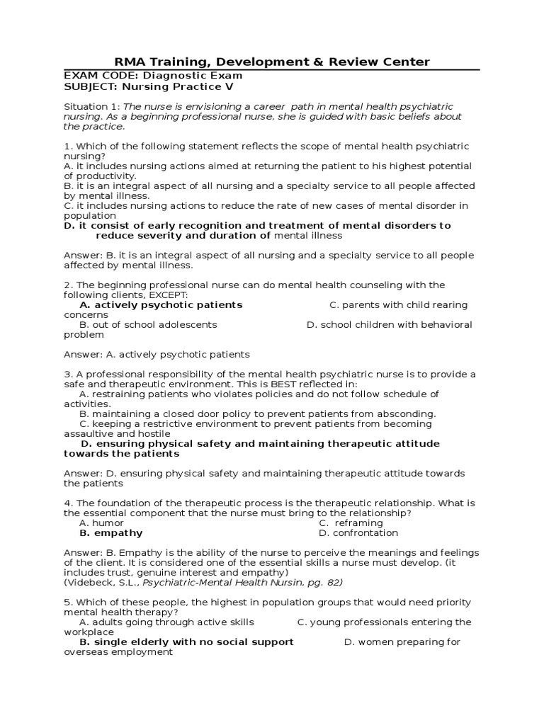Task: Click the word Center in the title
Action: [x=404, y=62]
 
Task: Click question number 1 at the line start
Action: [x=67, y=146]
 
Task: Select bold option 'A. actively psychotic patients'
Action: [x=161, y=304]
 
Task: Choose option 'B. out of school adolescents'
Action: [x=148, y=324]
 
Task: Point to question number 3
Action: [x=67, y=374]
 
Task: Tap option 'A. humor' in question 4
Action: [x=101, y=523]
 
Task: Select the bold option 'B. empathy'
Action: [x=110, y=532]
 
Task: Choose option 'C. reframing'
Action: [x=351, y=523]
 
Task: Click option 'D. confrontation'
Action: [x=358, y=532]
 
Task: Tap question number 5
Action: [x=67, y=602]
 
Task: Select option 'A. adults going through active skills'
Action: [x=166, y=622]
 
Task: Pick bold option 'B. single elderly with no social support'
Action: [x=186, y=641]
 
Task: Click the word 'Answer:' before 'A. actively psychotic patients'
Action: [x=82, y=354]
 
